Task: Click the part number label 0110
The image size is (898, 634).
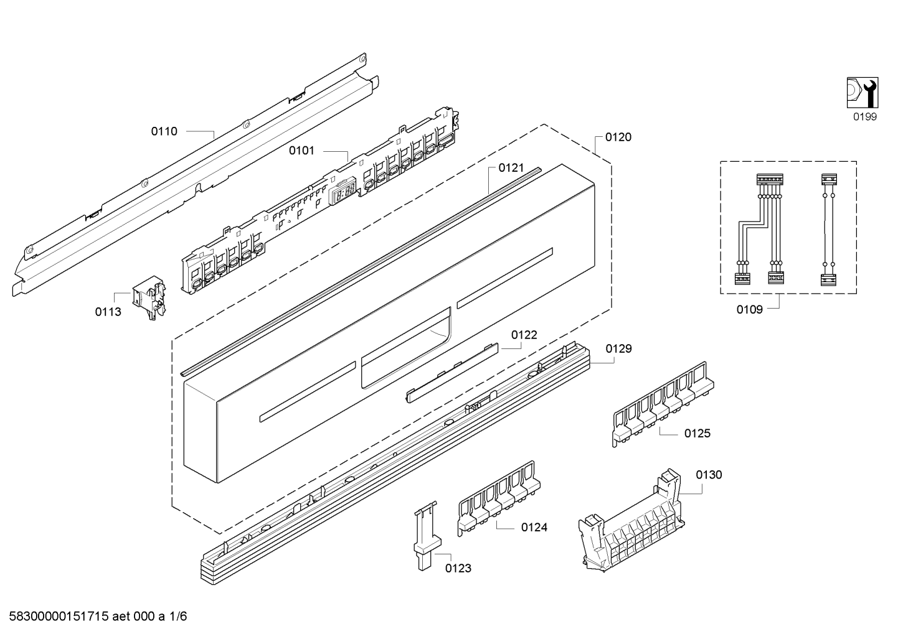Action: (x=164, y=131)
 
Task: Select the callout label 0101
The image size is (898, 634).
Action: (x=302, y=151)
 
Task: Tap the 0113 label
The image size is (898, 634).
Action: (x=108, y=312)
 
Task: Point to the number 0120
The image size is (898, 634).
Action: (x=618, y=137)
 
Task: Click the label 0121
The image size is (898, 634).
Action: (x=511, y=168)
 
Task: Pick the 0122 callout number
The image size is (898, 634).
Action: (x=524, y=335)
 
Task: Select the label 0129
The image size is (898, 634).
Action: (x=618, y=349)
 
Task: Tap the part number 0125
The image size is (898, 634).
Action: (x=697, y=433)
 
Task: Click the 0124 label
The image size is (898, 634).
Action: (x=534, y=528)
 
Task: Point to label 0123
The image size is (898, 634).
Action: (x=458, y=568)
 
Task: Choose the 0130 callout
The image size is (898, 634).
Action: (x=709, y=475)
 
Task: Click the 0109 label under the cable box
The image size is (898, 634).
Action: (x=750, y=310)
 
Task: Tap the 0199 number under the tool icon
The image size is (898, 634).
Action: (x=865, y=117)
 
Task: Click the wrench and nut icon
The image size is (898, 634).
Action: (x=863, y=93)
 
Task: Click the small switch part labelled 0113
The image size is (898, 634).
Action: (x=149, y=297)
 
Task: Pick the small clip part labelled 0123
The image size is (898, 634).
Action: (x=427, y=536)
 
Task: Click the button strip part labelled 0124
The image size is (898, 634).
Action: (x=499, y=498)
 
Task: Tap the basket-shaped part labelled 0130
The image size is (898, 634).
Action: (x=631, y=521)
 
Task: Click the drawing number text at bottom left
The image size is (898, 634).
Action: (x=98, y=617)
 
